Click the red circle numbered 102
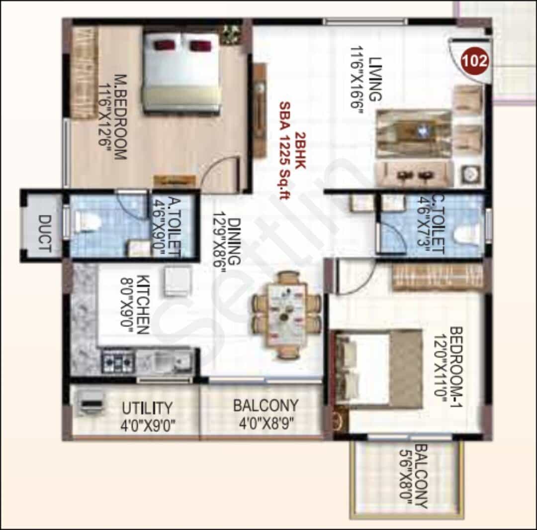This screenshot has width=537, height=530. [474, 61]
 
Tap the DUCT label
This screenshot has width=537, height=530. [45, 233]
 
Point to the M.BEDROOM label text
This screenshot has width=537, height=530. [120, 117]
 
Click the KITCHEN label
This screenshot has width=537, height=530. [143, 305]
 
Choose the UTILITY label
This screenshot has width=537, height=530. [147, 408]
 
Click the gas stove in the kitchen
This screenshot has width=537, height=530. [117, 360]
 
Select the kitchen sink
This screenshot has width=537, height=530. [164, 361]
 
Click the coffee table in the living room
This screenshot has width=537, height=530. [414, 134]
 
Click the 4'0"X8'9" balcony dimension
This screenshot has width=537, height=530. [267, 424]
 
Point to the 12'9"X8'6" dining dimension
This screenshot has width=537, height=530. [219, 242]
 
